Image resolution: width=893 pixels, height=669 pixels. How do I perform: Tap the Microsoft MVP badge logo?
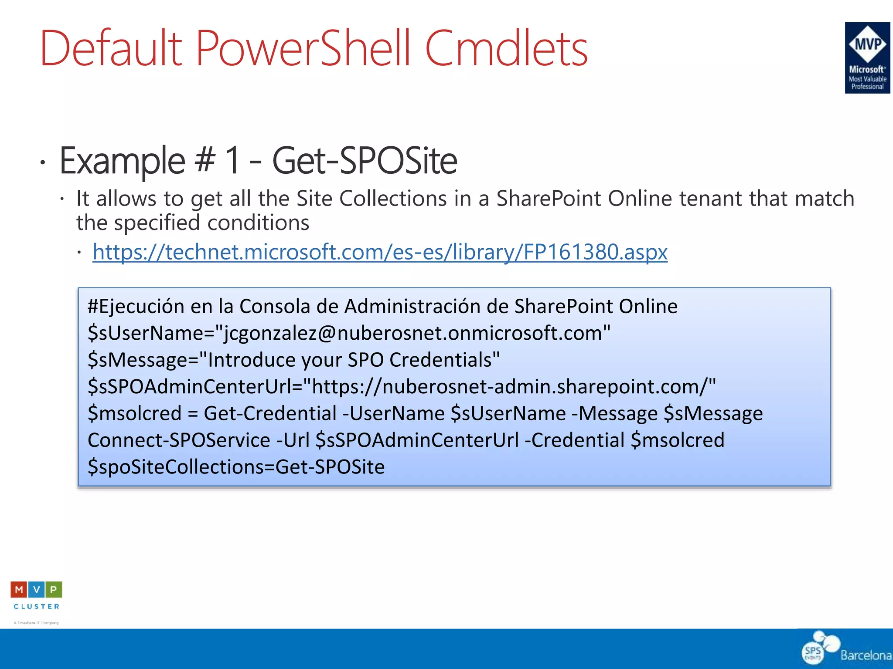pyautogui.click(x=867, y=57)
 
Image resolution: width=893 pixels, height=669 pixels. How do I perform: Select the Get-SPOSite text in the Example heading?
pyautogui.click(x=365, y=161)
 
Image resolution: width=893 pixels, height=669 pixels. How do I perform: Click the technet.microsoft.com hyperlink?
pyautogui.click(x=380, y=252)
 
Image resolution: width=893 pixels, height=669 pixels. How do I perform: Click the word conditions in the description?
pyautogui.click(x=258, y=223)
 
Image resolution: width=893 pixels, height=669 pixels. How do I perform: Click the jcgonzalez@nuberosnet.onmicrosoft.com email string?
pyautogui.click(x=414, y=334)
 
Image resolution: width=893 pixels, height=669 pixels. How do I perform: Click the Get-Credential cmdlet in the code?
pyautogui.click(x=270, y=413)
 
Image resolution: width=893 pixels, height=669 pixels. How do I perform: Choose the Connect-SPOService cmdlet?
pyautogui.click(x=179, y=440)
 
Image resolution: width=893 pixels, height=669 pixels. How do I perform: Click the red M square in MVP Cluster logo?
pyautogui.click(x=19, y=590)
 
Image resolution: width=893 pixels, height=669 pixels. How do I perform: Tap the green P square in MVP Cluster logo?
pyautogui.click(x=54, y=590)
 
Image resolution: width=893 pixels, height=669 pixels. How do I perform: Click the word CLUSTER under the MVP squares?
pyautogui.click(x=37, y=606)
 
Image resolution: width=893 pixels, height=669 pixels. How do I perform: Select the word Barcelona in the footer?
pyautogui.click(x=866, y=655)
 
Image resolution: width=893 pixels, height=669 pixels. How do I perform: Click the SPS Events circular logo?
pyautogui.click(x=814, y=652)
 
